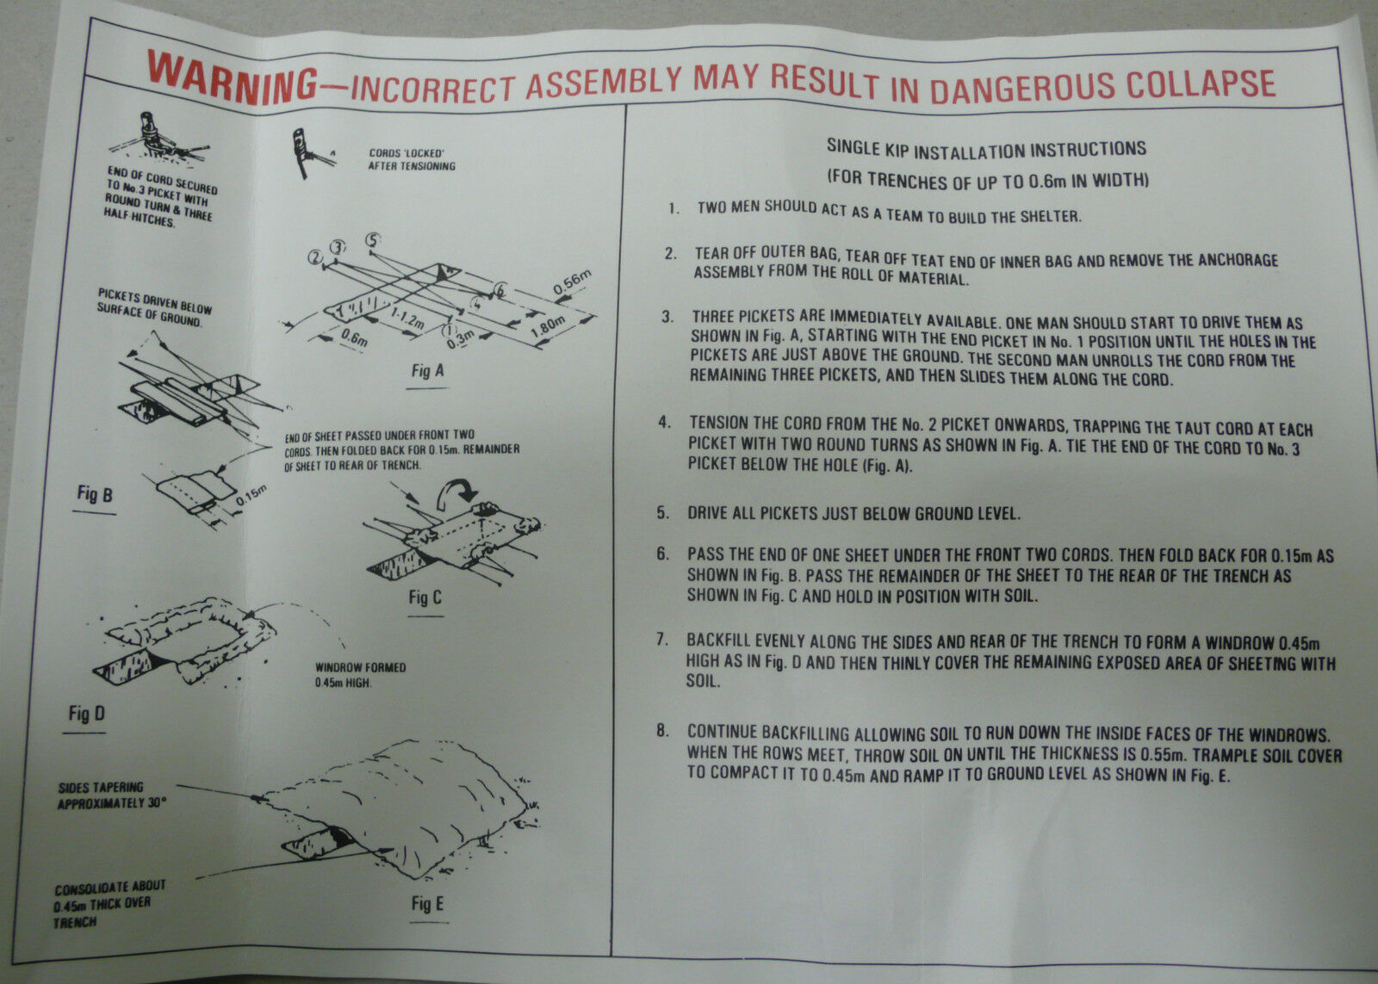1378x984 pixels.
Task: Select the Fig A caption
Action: point(428,372)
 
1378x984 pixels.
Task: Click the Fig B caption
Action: point(94,494)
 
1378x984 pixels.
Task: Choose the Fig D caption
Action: point(86,714)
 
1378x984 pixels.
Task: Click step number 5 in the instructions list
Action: point(662,513)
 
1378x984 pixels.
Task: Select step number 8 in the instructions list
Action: point(661,731)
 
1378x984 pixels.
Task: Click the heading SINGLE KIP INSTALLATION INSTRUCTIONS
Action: point(986,150)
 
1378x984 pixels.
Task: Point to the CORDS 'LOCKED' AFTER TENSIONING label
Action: point(412,159)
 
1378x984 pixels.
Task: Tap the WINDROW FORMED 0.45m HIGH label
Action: point(360,675)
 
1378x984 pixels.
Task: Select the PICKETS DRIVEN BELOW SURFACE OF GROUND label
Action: point(155,308)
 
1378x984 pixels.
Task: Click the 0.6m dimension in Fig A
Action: point(352,341)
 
